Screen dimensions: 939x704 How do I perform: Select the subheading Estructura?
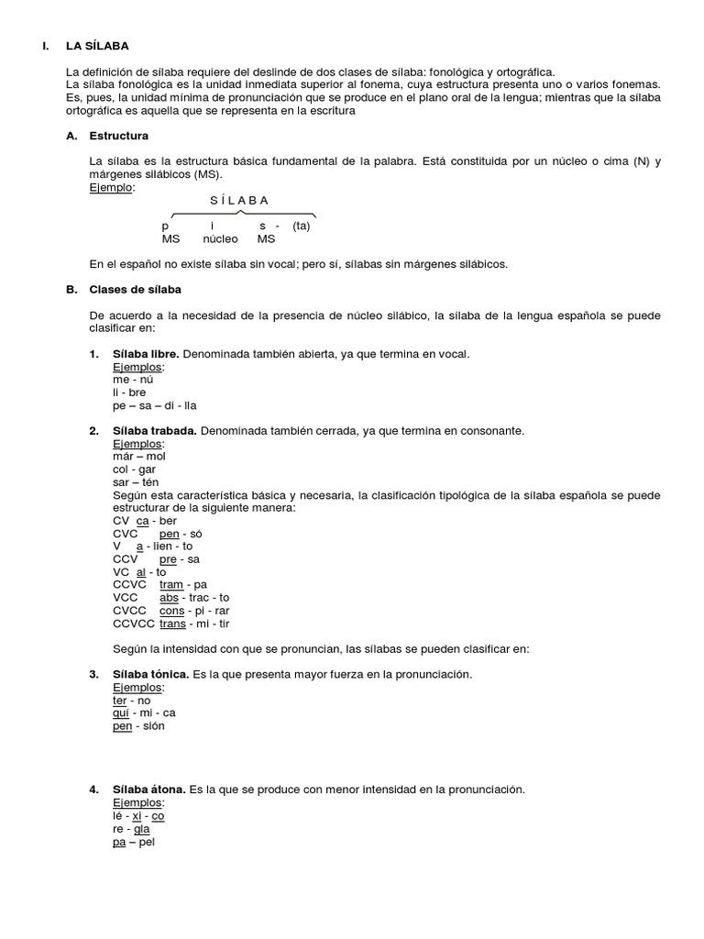[118, 136]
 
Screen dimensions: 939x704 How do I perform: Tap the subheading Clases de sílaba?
[135, 290]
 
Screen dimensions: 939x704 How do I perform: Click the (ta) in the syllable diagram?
[302, 226]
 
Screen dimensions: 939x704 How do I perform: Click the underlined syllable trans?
[171, 624]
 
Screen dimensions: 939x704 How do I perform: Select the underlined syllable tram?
[170, 584]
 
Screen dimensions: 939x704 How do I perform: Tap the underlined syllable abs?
[169, 597]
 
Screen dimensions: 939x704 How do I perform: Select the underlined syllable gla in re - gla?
[142, 828]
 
